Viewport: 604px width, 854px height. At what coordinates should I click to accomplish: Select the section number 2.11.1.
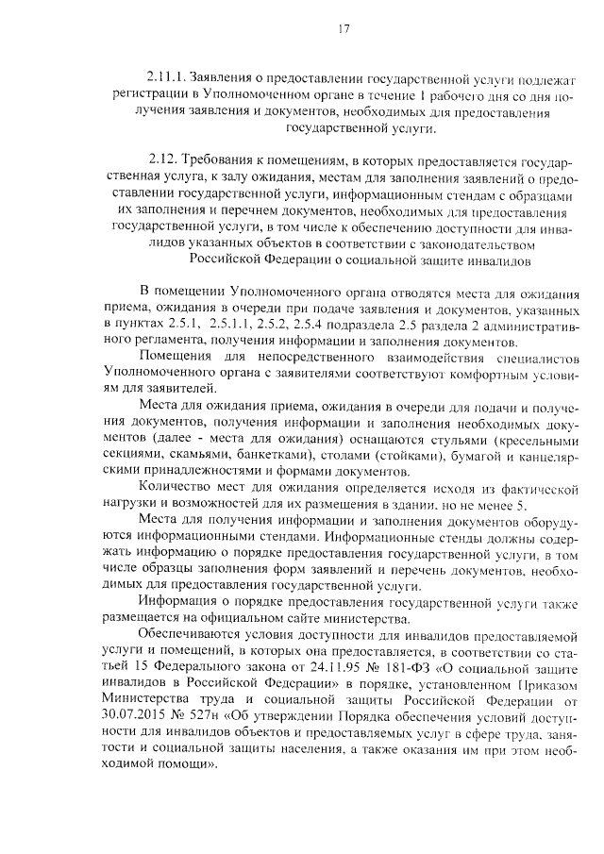(166, 75)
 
